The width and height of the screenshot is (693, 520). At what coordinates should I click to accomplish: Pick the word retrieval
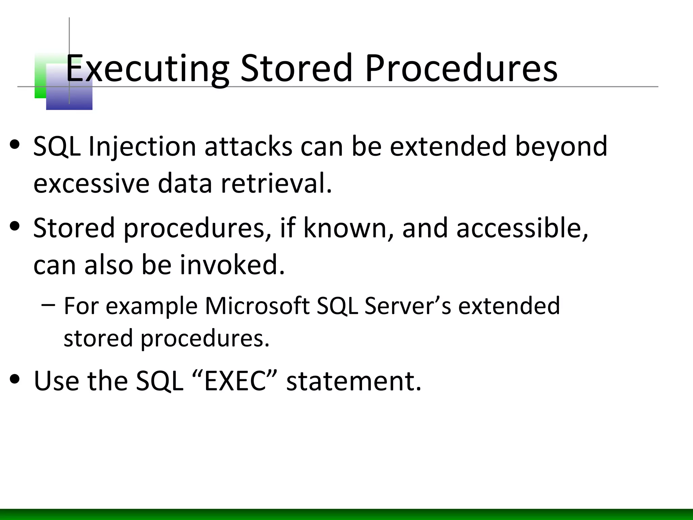pyautogui.click(x=276, y=183)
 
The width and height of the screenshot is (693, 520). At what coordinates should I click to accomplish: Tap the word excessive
pyautogui.click(x=91, y=183)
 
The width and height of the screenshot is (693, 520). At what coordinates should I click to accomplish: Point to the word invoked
pyautogui.click(x=232, y=264)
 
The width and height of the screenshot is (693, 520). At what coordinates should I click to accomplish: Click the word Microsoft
pyautogui.click(x=257, y=306)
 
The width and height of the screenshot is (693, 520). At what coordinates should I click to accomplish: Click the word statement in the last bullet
pyautogui.click(x=354, y=381)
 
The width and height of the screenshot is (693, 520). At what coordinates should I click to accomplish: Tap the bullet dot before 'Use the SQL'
pyautogui.click(x=15, y=379)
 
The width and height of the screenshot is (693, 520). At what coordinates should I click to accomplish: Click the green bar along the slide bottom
pyautogui.click(x=346, y=514)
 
